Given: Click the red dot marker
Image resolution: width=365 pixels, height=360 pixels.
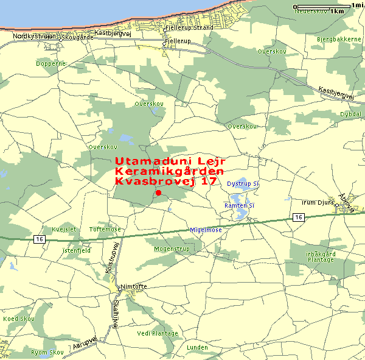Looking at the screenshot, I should pyautogui.click(x=159, y=193).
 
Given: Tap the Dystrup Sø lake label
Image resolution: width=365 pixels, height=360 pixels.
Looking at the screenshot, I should pyautogui.click(x=243, y=183).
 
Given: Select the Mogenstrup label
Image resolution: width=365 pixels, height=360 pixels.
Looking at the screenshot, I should pyautogui.click(x=172, y=249).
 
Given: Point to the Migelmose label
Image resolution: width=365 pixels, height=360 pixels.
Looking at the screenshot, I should pyautogui.click(x=206, y=230).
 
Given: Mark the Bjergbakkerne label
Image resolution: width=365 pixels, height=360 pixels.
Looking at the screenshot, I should pyautogui.click(x=339, y=39).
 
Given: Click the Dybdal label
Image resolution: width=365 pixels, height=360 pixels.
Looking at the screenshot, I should pyautogui.click(x=350, y=114).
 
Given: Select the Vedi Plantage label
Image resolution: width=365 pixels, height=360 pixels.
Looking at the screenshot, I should pyautogui.click(x=158, y=333).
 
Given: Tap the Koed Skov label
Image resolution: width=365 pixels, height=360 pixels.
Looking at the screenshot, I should pyautogui.click(x=18, y=319).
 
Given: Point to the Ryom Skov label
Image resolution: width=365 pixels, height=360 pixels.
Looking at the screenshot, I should pyautogui.click(x=47, y=352).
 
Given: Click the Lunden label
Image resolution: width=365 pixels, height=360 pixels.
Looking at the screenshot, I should pyautogui.click(x=197, y=347).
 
